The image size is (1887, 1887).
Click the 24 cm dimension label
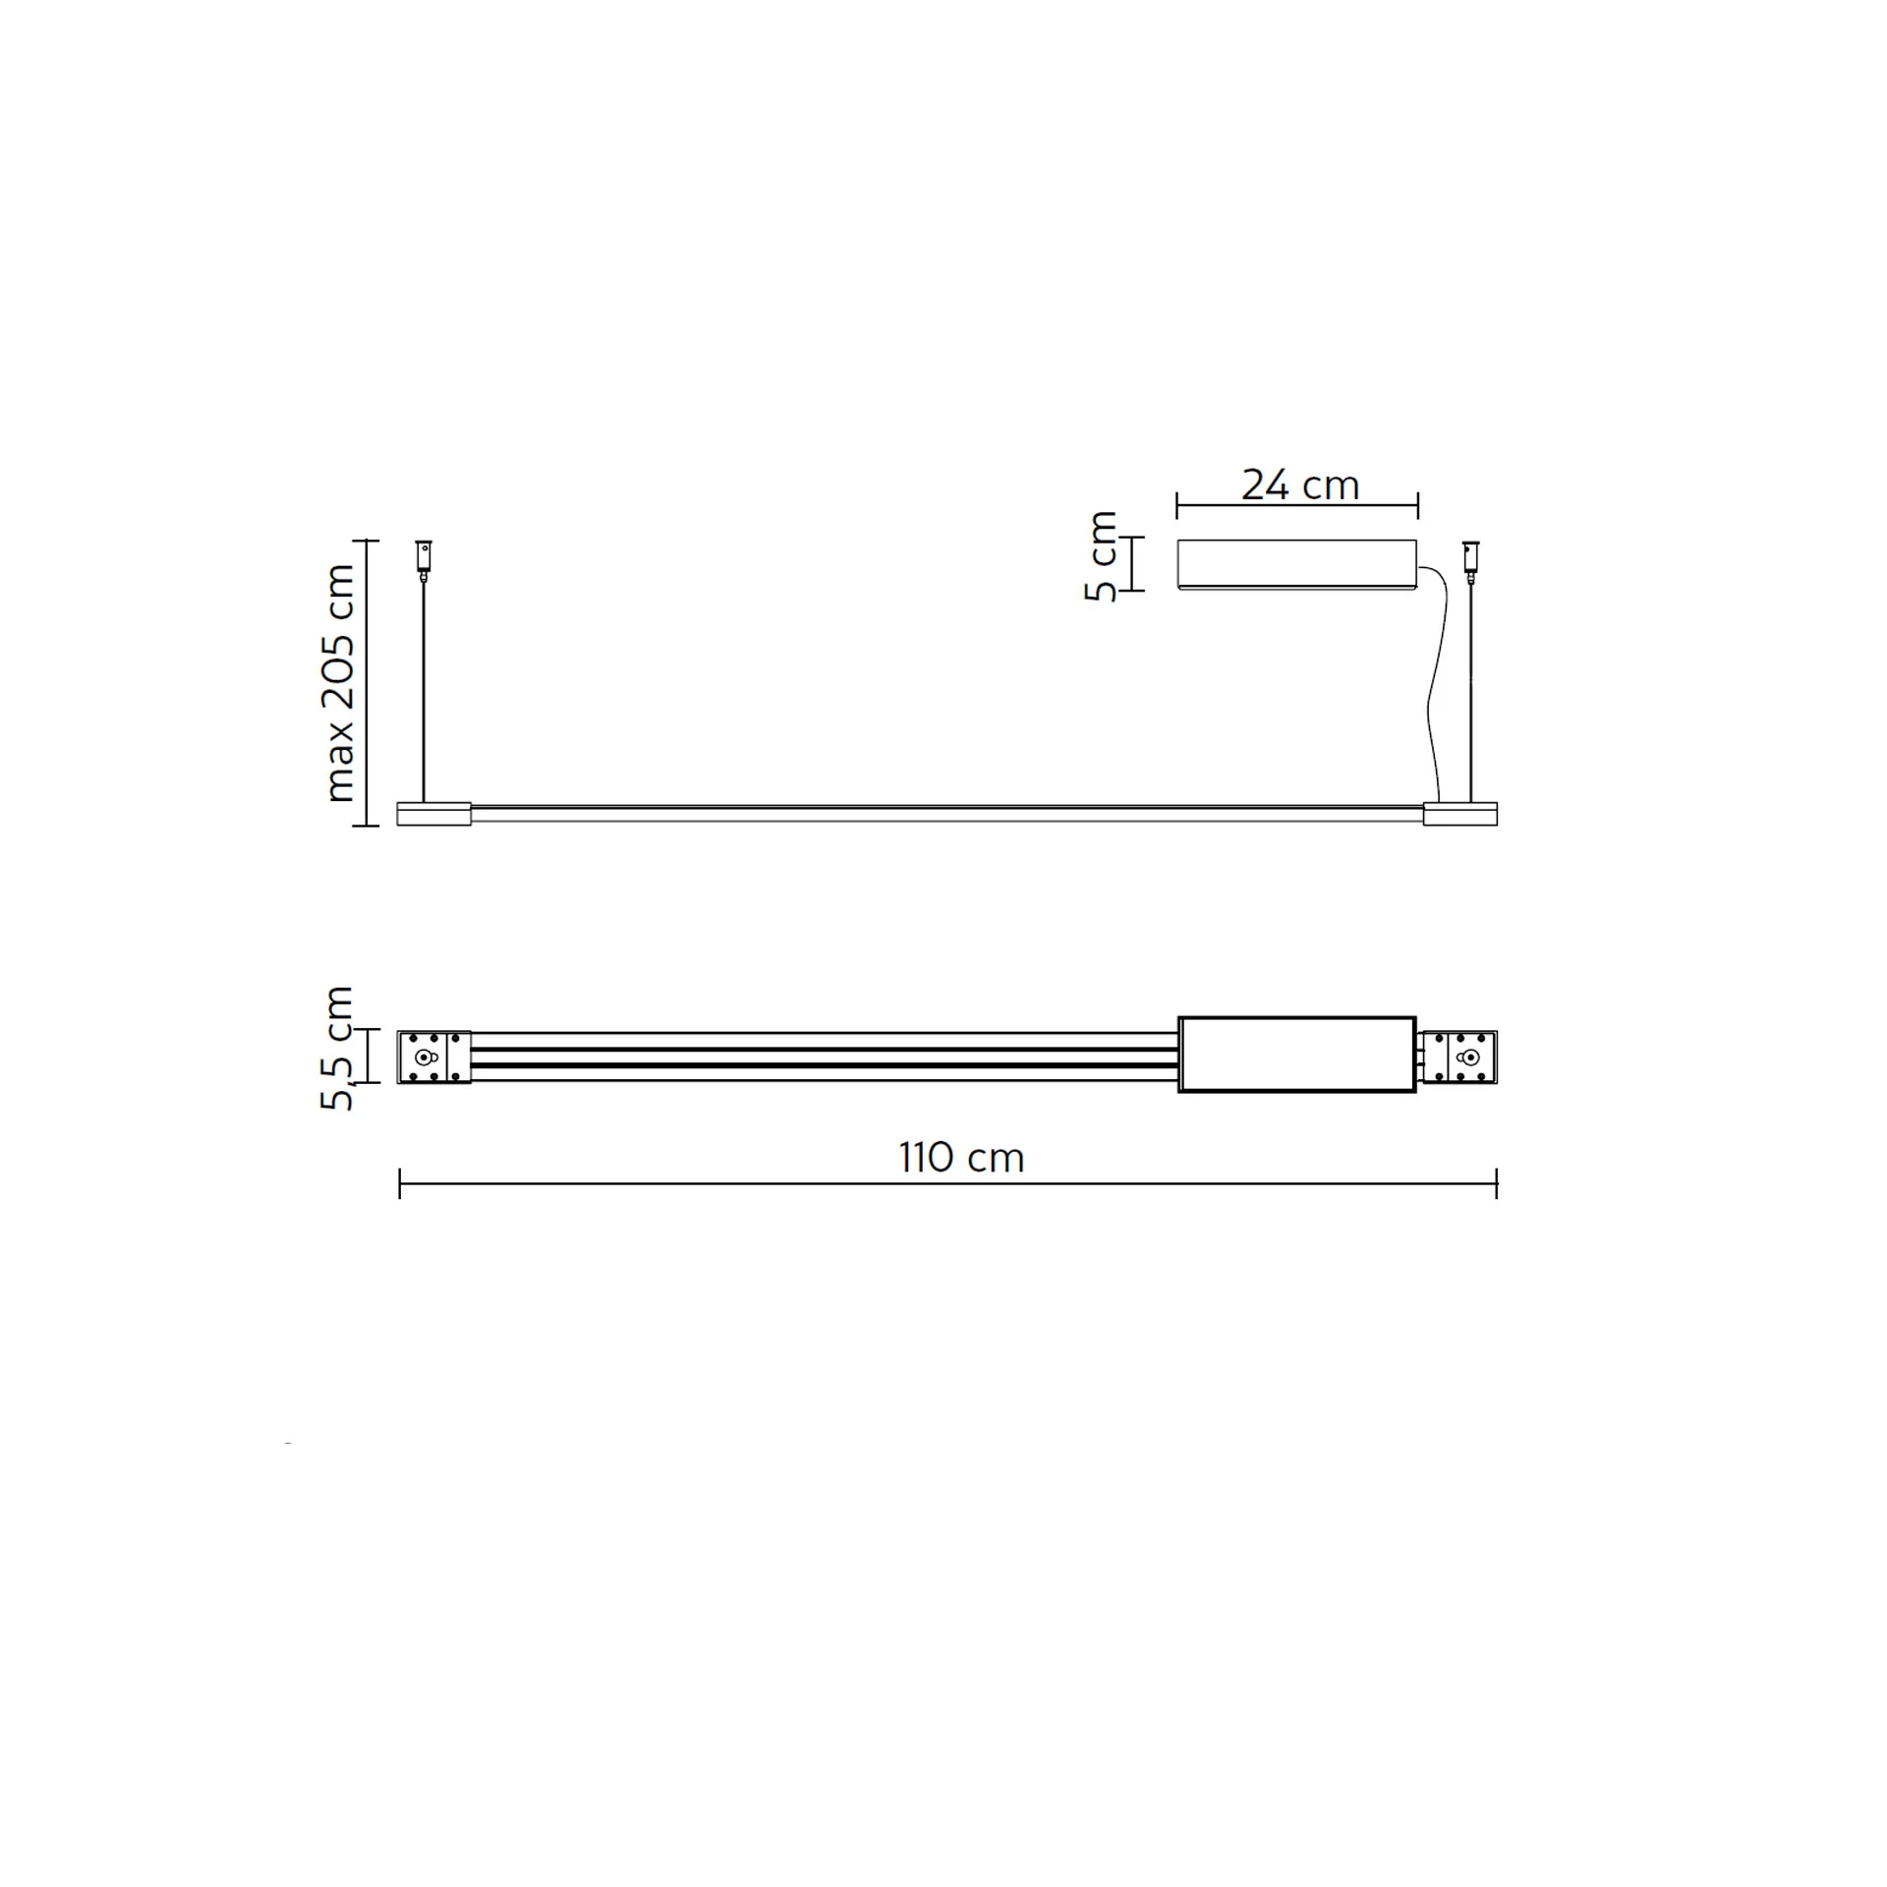click(1299, 486)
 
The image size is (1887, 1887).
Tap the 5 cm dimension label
click(1102, 556)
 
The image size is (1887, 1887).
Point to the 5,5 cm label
click(336, 1048)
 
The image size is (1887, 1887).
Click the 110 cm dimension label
click(961, 1158)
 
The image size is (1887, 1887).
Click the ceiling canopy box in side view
click(1297, 564)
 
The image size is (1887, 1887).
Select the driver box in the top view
click(1297, 1055)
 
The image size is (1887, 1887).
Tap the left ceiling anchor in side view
click(424, 556)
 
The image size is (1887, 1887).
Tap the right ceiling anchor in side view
click(1471, 556)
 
